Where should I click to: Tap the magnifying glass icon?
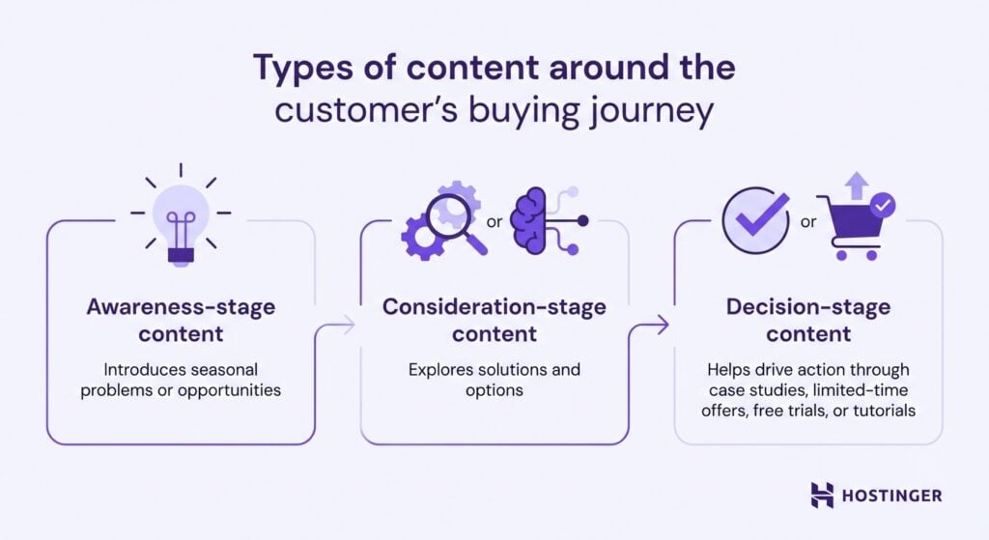(x=454, y=223)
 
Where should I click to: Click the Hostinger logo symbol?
(x=822, y=495)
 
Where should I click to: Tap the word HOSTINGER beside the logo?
(x=890, y=496)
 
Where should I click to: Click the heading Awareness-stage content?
(x=181, y=320)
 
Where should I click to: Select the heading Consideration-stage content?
(x=494, y=320)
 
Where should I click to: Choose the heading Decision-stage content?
(x=808, y=320)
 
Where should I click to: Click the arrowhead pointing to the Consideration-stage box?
(x=349, y=327)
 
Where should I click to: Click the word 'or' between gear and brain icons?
(x=494, y=222)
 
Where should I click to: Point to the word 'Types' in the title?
(x=297, y=69)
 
